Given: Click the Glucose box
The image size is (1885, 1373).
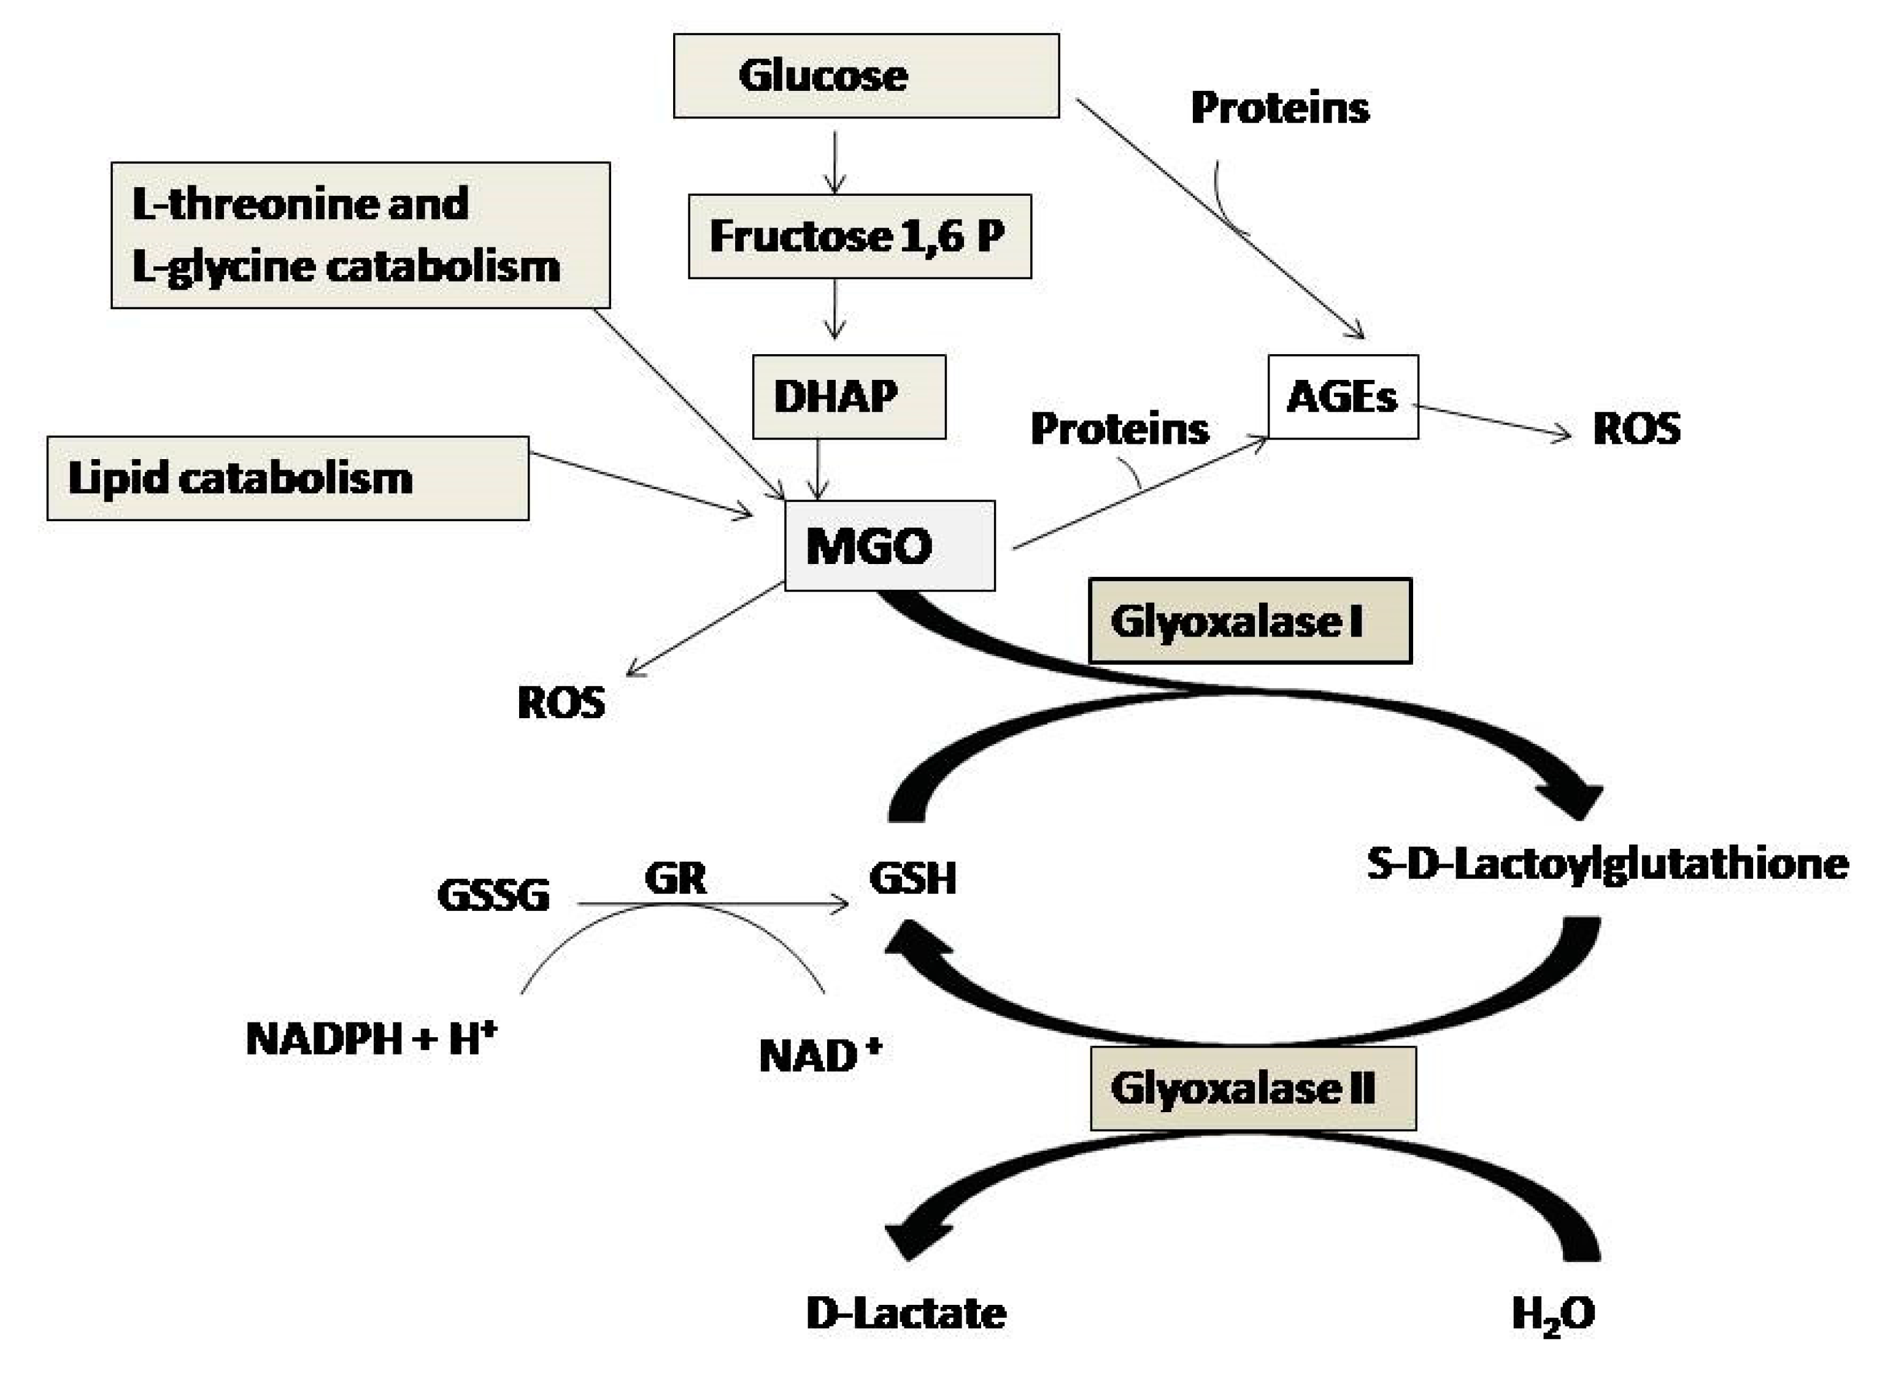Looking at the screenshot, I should click(865, 75).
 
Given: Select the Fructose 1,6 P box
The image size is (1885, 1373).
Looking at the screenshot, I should click(860, 236).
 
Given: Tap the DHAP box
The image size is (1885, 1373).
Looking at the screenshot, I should click(849, 396).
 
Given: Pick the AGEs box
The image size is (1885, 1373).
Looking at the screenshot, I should click(1343, 396).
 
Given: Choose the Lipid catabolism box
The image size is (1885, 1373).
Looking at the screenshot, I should click(288, 479).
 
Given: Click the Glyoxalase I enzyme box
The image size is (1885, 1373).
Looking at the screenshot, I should click(1249, 621).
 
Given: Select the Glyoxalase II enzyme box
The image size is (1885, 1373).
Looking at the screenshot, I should click(1252, 1088).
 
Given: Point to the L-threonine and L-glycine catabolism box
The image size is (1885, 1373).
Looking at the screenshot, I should click(360, 235).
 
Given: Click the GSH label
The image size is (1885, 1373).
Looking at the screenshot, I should click(912, 878).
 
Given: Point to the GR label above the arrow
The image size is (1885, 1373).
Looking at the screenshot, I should click(675, 878).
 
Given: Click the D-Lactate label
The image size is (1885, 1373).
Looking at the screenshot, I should click(906, 1314).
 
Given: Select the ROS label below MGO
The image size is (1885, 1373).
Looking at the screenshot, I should click(561, 703).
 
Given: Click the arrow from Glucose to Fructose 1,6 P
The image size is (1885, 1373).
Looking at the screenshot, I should click(835, 161).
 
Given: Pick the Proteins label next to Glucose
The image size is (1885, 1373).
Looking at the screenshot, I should click(1280, 108).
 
